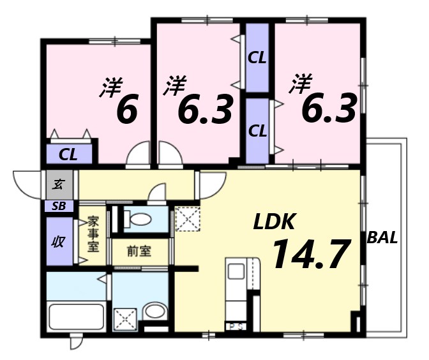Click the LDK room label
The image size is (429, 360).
coord(274,221)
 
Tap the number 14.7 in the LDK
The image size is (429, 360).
coord(312,253)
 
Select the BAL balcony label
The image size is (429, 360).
coord(382,237)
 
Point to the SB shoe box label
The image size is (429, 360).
coord(59,206)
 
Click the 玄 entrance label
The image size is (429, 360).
coord(59,184)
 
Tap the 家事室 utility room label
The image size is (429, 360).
coord(93,234)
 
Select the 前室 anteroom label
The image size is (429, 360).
coord(139,251)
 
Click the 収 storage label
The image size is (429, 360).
coord(59,241)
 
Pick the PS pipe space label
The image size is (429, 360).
coord(236,327)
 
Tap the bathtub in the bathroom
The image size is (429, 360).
coord(77,317)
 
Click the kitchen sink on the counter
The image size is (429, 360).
coord(236,272)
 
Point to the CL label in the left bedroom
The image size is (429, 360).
coord(68,155)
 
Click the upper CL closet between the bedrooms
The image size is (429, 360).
coord(257,57)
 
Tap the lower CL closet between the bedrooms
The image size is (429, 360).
coord(257,131)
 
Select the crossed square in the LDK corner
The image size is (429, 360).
coord(188,219)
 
